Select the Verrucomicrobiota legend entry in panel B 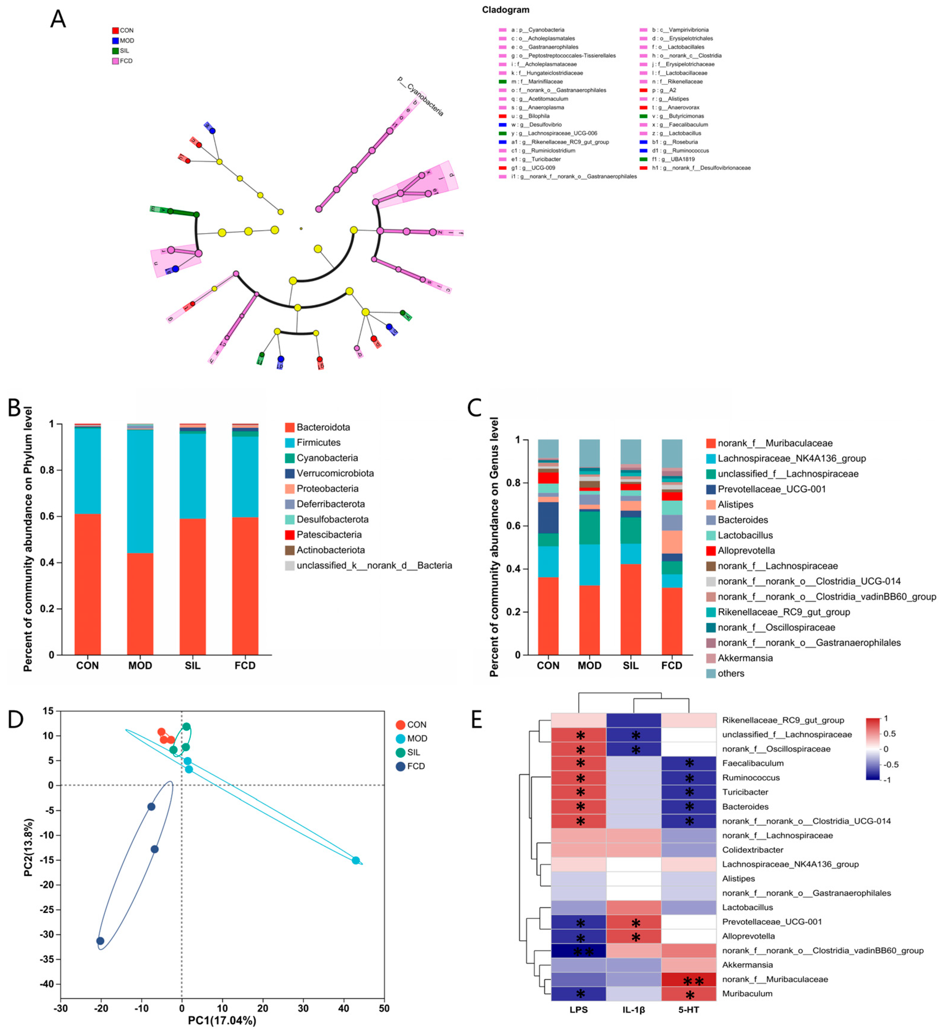point(335,473)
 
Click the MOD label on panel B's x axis point(140,665)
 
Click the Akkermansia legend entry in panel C point(745,658)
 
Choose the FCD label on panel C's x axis point(671,665)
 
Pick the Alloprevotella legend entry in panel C point(746,550)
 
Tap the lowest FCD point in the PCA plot point(100,941)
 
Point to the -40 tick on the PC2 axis point(47,984)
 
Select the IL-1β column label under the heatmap point(633,1009)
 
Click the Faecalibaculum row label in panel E point(753,763)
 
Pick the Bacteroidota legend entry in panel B point(323,427)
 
